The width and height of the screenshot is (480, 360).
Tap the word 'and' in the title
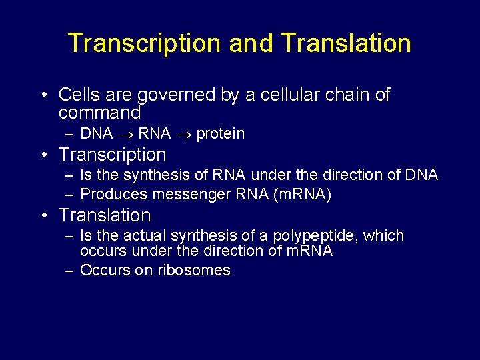point(251,43)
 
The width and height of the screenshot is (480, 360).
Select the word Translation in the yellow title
point(346,43)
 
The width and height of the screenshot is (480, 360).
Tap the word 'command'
point(99,113)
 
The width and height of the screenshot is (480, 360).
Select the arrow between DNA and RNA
point(125,134)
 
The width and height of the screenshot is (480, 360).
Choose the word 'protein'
point(221,134)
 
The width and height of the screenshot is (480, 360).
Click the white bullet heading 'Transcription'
point(112,155)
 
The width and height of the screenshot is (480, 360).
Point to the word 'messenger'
point(187,194)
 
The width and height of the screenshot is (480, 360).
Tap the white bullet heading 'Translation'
point(105,215)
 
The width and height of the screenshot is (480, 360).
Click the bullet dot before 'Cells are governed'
point(43,95)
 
